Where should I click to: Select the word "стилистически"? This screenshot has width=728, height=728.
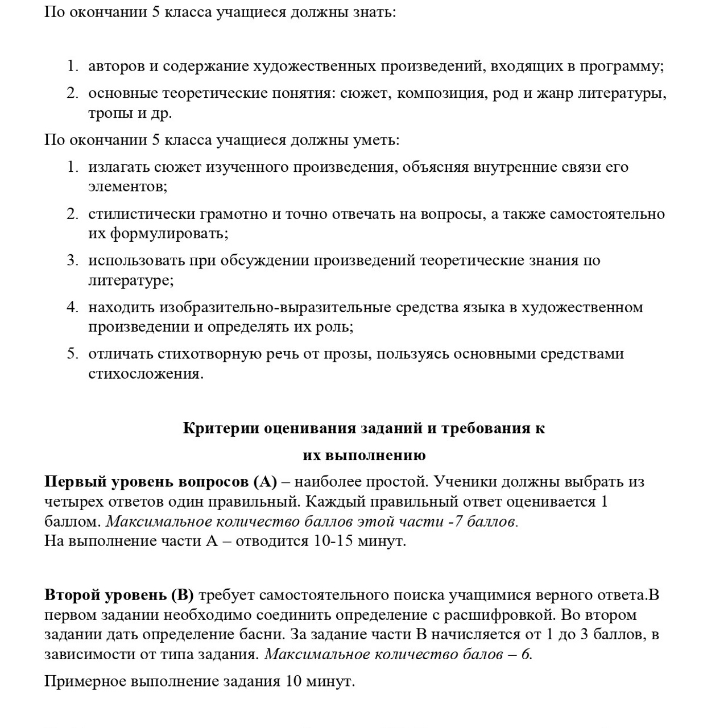[142, 214]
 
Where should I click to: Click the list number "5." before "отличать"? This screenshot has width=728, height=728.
[72, 354]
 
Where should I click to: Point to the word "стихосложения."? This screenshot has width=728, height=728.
[146, 374]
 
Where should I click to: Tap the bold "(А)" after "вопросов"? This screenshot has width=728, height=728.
[265, 482]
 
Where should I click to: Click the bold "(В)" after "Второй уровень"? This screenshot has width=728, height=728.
[182, 595]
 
